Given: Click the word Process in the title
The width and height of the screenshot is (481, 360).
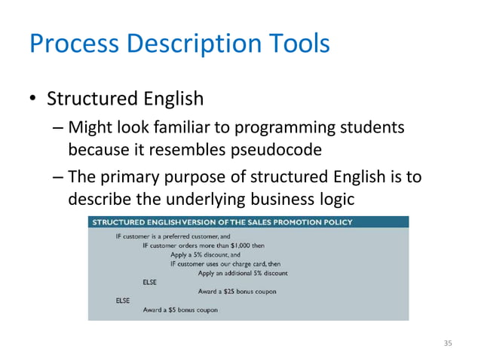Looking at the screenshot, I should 72,43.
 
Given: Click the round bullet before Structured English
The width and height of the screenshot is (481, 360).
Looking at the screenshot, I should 33,99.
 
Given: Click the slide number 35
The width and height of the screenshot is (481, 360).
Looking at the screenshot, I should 448,343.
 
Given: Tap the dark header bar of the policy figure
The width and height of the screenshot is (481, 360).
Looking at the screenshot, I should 248,221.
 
